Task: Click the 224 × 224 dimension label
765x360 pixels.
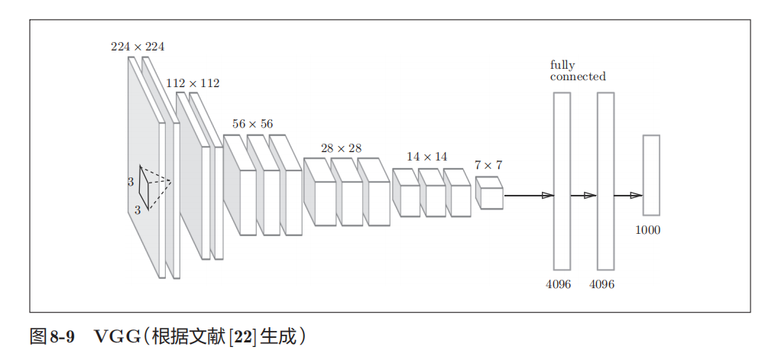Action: click(138, 47)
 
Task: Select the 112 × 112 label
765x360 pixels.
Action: click(193, 83)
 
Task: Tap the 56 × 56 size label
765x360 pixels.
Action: click(252, 124)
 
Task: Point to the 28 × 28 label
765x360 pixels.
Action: click(341, 148)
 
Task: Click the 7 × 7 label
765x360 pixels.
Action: click(488, 165)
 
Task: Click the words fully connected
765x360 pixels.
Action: click(577, 71)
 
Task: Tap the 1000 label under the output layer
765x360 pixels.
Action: click(648, 230)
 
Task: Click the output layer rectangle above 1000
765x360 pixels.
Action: click(651, 175)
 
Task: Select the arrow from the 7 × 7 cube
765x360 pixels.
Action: click(527, 196)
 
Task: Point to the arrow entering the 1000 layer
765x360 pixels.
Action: click(629, 196)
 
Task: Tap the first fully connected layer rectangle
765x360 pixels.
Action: click(562, 181)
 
